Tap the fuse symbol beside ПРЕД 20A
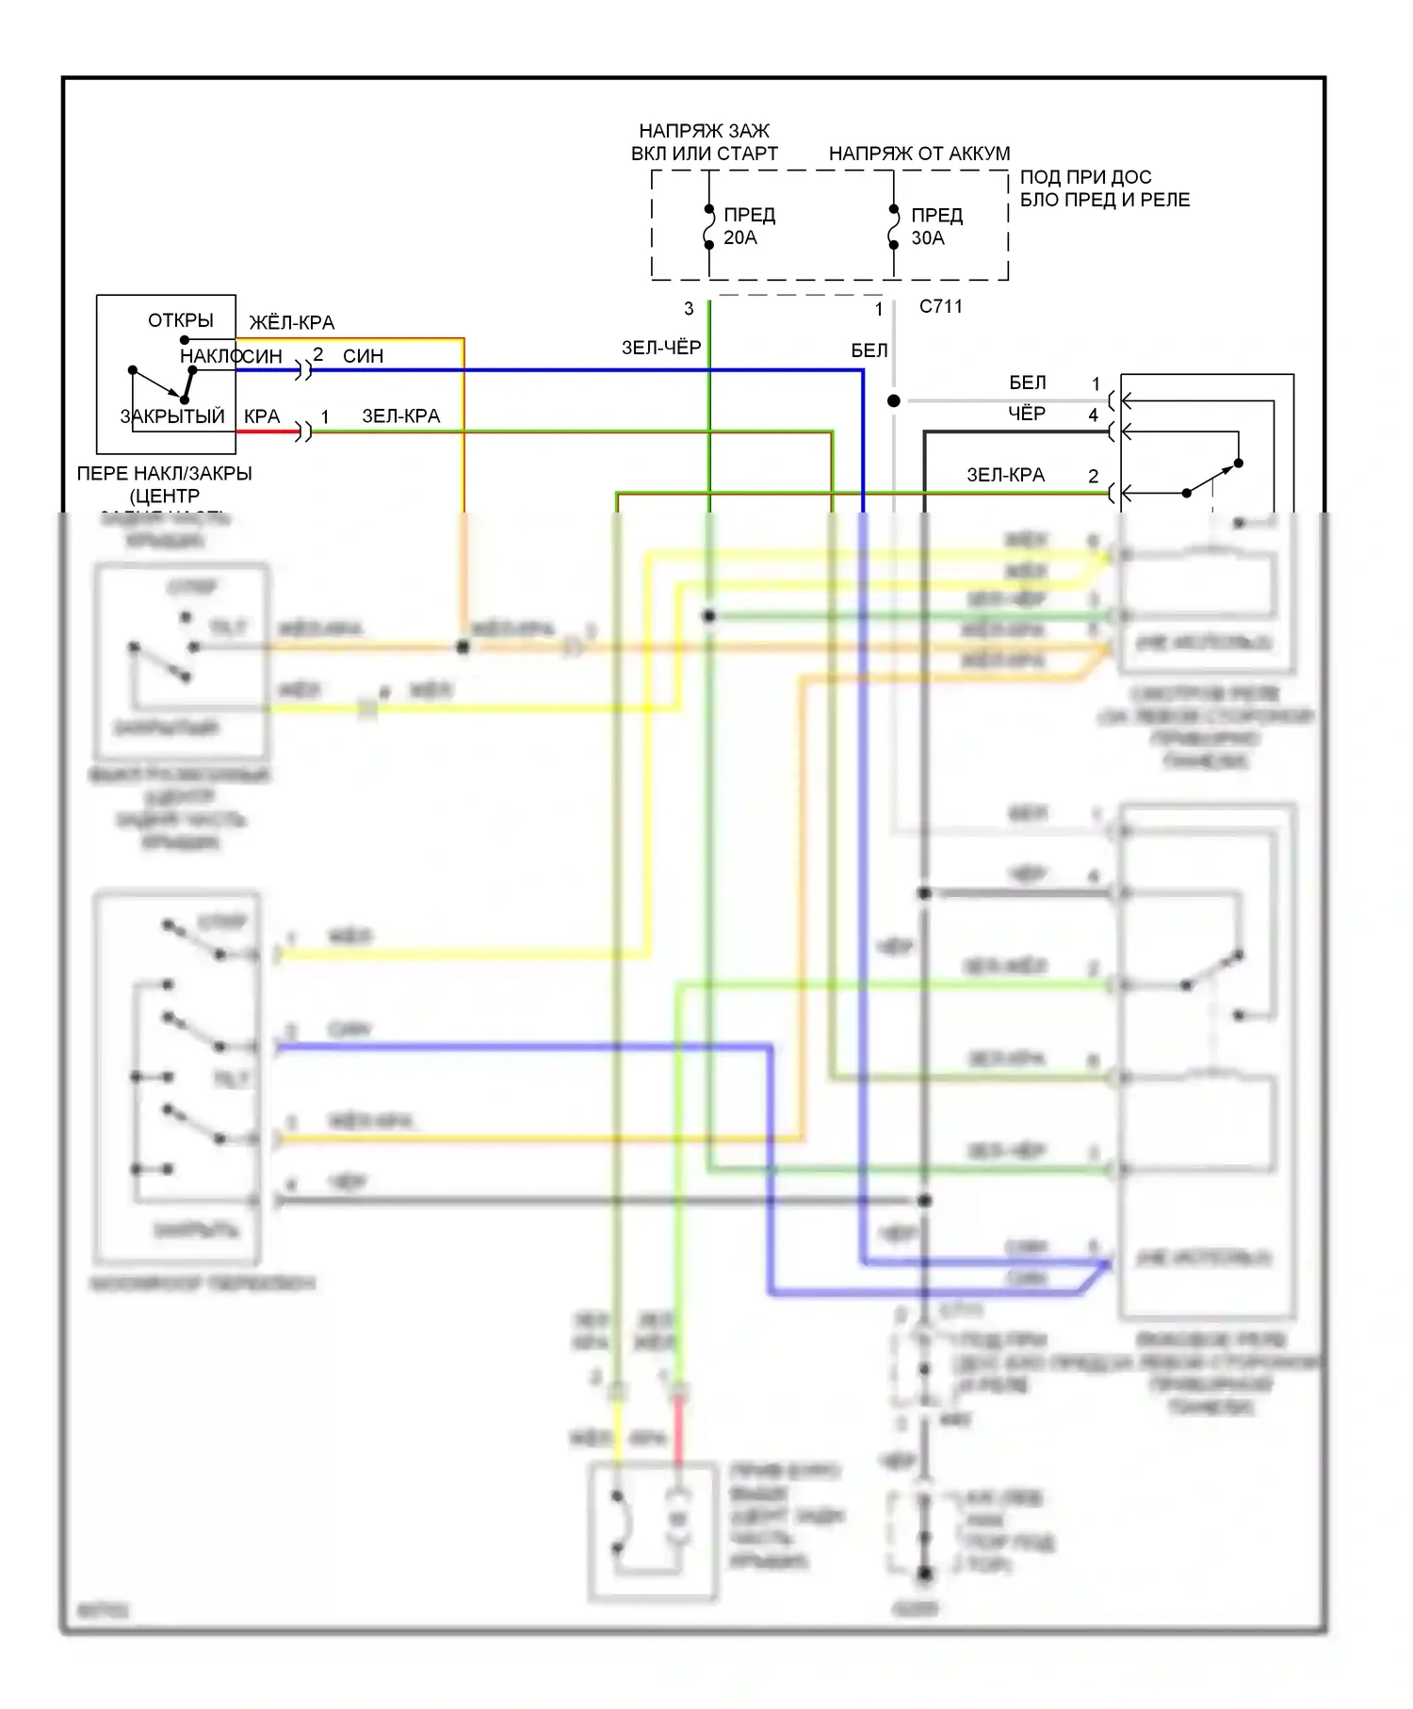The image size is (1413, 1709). tap(709, 227)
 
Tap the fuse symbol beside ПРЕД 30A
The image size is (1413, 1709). tap(894, 227)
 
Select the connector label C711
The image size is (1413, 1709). tap(940, 306)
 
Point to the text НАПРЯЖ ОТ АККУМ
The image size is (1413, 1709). tap(918, 154)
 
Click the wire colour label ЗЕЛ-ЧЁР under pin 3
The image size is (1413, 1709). tap(661, 348)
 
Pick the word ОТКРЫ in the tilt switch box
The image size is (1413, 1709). tap(181, 320)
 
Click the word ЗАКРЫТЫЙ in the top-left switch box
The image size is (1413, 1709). tap(172, 416)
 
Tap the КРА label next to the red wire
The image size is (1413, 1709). tap(262, 416)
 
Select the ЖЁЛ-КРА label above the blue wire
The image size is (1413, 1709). tap(292, 323)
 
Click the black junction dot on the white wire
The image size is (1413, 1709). tap(894, 401)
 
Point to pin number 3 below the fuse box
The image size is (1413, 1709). tap(689, 309)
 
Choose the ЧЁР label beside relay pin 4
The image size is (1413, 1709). tap(1027, 414)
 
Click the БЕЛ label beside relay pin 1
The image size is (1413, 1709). tap(1028, 382)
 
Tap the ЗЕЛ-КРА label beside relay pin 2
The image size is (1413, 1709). tap(1006, 476)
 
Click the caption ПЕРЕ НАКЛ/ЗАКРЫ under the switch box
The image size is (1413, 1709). tap(165, 474)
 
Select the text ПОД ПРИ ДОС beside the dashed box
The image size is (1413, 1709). tap(1085, 177)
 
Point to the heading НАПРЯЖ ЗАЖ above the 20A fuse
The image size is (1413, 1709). tap(705, 131)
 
